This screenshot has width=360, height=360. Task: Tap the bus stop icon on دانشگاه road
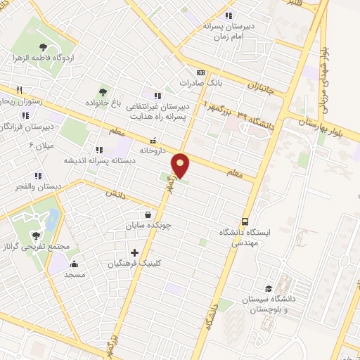click(245, 220)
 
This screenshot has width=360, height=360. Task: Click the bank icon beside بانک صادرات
click(201, 72)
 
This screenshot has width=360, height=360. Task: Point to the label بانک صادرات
click(195, 82)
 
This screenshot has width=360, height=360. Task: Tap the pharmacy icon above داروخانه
click(153, 139)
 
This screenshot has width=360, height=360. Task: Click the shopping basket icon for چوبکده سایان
click(148, 214)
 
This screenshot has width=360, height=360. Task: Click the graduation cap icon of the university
click(269, 289)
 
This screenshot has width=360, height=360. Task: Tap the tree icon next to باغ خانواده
click(103, 92)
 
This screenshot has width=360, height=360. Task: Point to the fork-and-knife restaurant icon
click(20, 90)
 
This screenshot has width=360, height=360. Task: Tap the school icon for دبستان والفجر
click(37, 176)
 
